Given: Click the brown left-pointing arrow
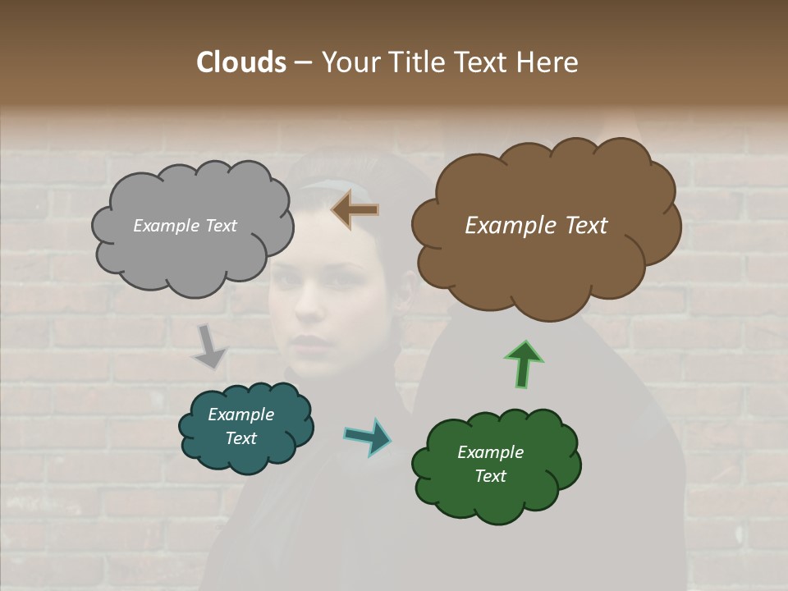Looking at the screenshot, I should [355, 210].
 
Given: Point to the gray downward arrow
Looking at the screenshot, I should [208, 346].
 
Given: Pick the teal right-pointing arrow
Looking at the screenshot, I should [368, 437].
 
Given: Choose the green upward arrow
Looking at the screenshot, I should [524, 364].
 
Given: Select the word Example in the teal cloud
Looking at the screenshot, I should [241, 415].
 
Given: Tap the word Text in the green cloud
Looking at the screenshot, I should [490, 476].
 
